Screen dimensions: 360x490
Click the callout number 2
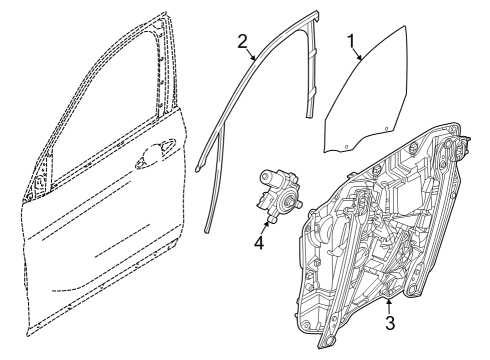coord(241,40)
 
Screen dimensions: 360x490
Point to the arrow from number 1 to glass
coord(359,57)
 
